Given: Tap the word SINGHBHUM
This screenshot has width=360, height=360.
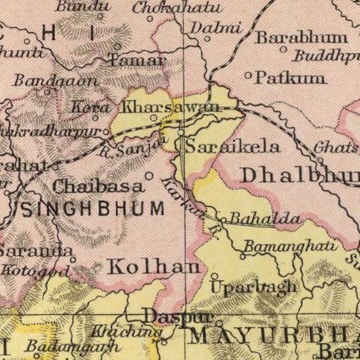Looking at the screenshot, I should point(93,208).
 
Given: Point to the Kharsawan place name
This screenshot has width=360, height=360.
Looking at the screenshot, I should point(171,107).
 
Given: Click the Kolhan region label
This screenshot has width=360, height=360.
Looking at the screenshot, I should point(153,267).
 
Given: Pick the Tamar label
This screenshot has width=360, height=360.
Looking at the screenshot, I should point(138,61).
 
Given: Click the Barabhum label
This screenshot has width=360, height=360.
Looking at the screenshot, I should point(302,37).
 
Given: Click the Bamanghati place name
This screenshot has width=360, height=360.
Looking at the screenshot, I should point(279,247).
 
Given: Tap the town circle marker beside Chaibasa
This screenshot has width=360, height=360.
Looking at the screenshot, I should point(149,176).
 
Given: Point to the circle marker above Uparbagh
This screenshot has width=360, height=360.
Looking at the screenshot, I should point(215,275).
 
